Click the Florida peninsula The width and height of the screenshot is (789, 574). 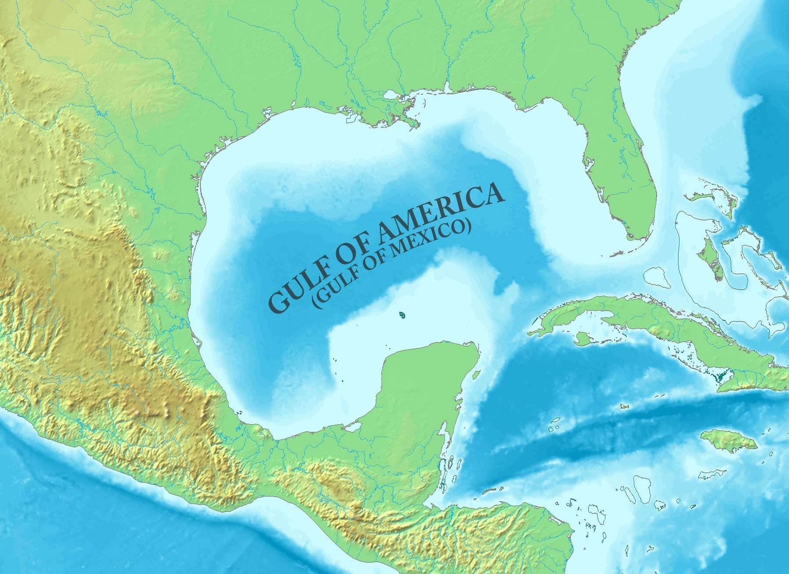point(614,175)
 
